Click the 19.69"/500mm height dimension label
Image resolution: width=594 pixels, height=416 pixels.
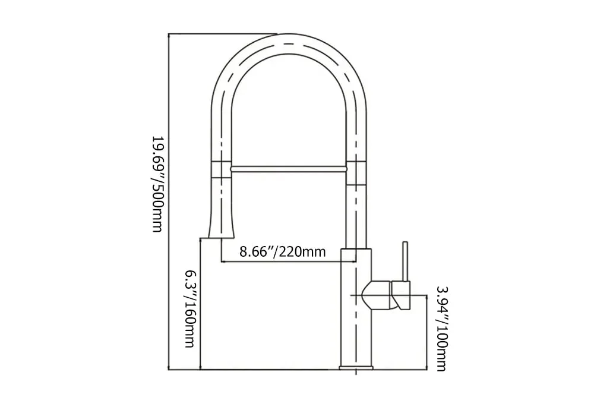(156, 184)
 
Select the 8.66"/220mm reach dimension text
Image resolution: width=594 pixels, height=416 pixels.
(282, 251)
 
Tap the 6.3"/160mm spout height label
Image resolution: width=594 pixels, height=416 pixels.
(189, 309)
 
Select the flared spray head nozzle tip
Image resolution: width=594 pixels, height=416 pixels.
(222, 229)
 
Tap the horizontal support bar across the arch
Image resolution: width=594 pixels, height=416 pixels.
(288, 169)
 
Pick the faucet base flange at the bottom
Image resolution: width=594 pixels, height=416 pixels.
(355, 366)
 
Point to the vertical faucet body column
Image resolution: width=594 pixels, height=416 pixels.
(355, 321)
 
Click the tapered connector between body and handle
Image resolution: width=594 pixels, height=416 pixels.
(377, 295)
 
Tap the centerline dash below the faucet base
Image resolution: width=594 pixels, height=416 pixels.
(355, 373)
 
